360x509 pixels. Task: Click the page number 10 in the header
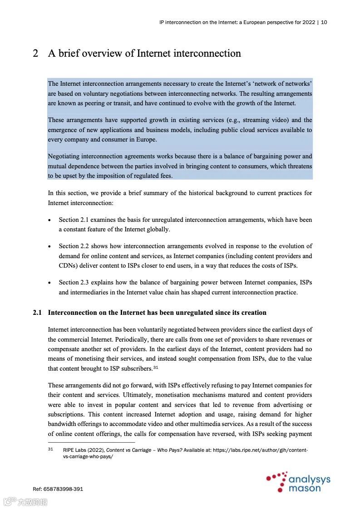coord(324,22)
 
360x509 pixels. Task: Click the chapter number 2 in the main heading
coord(35,54)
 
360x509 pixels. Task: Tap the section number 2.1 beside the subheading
coord(37,313)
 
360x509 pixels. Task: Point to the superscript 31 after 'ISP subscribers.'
coord(155,367)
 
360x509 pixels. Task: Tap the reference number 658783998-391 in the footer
coord(64,489)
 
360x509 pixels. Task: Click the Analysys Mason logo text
coord(309,484)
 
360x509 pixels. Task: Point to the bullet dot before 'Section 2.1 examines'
coord(49,220)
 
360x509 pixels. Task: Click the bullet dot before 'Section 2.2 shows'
coord(49,246)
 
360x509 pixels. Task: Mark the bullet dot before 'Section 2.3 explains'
coord(49,283)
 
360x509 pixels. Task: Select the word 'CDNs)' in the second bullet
coord(69,265)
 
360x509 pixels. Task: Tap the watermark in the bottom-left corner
coord(25,501)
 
